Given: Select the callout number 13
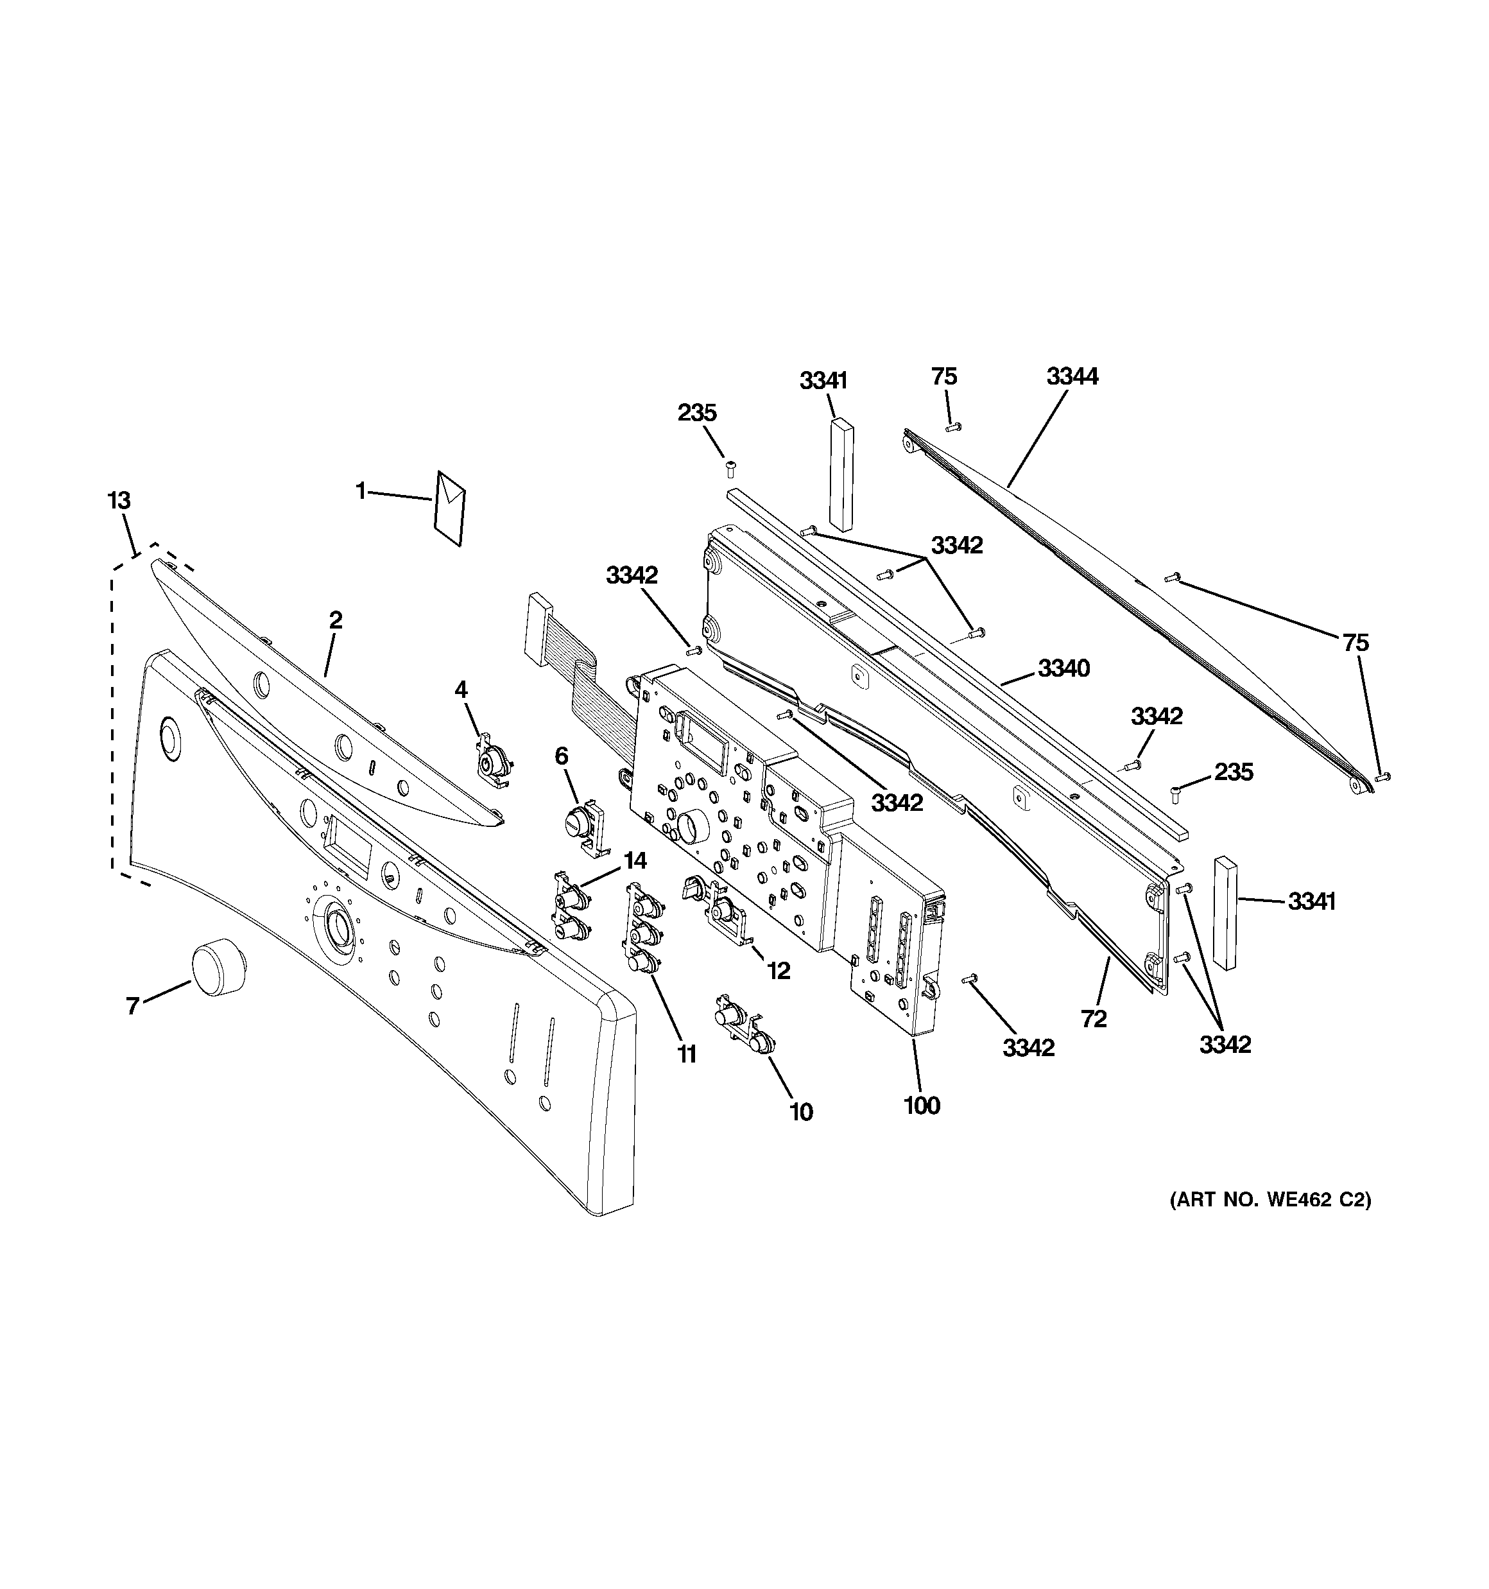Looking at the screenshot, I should [119, 501].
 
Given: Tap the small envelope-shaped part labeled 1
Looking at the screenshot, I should [449, 508].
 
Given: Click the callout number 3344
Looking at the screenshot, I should [1072, 376].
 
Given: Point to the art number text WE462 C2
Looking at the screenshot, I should [1271, 1222].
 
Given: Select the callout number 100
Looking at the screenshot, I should [922, 1106].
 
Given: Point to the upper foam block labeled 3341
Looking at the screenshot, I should [841, 474].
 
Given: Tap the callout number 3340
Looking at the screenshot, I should [1063, 668].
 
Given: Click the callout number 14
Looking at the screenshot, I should [635, 861].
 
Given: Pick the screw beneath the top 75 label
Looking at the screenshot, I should [952, 428].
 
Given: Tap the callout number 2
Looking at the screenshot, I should [336, 620].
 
